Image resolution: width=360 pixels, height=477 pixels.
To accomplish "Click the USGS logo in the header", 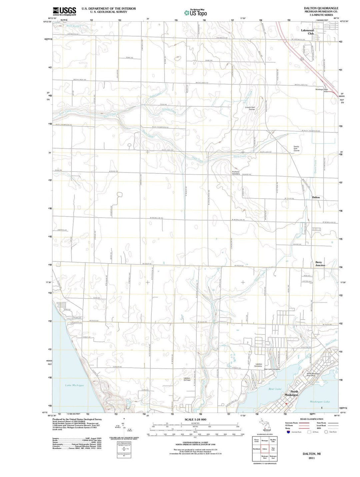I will [x=64, y=11].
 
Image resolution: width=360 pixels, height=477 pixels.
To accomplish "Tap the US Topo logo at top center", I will [x=195, y=13].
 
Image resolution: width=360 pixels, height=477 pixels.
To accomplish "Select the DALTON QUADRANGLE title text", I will [x=321, y=8].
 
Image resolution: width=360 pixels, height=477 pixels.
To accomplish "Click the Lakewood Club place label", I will [x=307, y=32].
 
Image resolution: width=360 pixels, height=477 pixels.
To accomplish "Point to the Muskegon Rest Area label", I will [x=322, y=90].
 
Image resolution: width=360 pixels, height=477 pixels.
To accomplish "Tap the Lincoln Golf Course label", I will [x=250, y=108].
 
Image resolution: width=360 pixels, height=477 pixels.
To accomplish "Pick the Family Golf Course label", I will [x=296, y=148].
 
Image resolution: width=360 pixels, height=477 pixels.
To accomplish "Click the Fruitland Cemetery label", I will [x=236, y=173].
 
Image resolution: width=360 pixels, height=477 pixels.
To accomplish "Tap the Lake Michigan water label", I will [x=74, y=385].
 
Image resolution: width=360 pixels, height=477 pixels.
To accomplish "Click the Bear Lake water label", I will [x=275, y=389].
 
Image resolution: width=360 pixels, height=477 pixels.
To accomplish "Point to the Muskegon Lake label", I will [x=319, y=402].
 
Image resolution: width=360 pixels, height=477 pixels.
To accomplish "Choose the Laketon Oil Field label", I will [x=187, y=379].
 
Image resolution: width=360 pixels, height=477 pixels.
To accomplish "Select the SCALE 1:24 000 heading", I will [x=195, y=419].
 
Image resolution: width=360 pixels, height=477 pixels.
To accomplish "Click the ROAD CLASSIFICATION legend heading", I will [x=311, y=419].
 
